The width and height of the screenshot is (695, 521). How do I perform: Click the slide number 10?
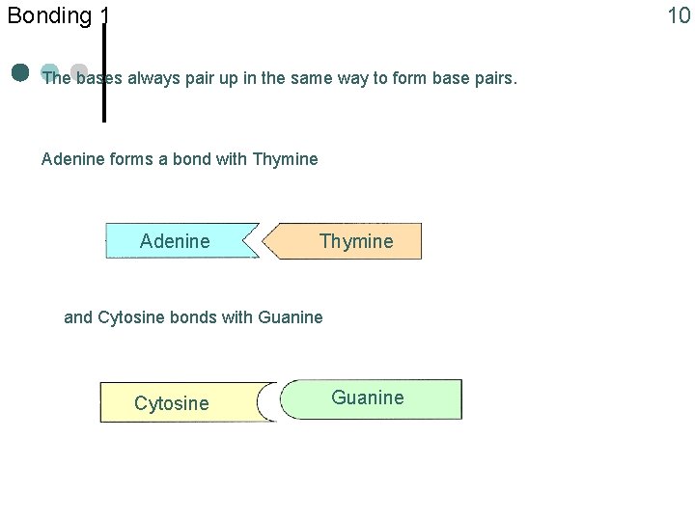tap(679, 14)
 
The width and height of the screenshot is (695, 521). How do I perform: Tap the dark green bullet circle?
tap(20, 72)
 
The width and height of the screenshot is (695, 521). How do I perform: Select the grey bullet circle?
tap(79, 71)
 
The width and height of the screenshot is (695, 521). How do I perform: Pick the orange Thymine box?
tap(356, 241)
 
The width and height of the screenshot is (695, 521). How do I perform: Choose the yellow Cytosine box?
tap(172, 402)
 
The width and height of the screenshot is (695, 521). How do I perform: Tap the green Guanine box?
tap(368, 398)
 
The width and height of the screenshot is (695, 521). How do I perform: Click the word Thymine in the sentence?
tap(284, 158)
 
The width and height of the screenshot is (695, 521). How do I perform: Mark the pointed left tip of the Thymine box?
tap(267, 241)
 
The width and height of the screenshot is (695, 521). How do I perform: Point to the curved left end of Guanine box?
tap(286, 400)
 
